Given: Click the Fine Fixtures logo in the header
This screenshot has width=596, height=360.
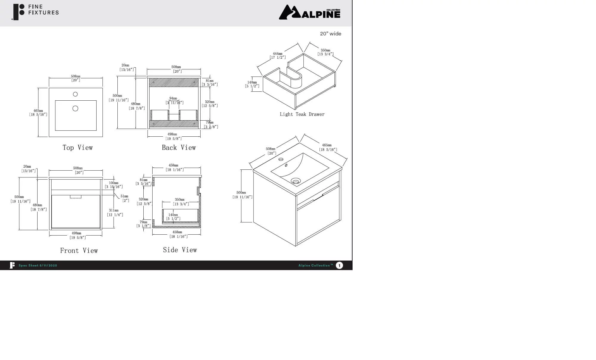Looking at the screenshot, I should (x=35, y=12).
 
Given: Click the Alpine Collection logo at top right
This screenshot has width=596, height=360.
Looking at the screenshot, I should (x=309, y=12).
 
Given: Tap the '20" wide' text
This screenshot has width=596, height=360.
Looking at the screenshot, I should (x=330, y=34).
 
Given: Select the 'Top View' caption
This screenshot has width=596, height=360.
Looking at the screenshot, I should (x=77, y=148).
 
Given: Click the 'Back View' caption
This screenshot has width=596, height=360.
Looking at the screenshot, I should (x=179, y=148).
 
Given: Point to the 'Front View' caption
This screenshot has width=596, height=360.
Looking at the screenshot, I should (x=79, y=251).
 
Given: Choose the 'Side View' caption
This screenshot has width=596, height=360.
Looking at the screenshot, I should (x=180, y=250).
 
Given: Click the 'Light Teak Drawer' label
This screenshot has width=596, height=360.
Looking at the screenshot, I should (x=302, y=114).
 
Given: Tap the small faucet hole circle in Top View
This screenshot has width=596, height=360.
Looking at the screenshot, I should (x=75, y=94).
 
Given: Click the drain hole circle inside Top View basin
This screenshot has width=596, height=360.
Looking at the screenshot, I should (x=75, y=108).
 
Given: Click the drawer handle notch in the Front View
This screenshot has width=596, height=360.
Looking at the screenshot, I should (x=76, y=197).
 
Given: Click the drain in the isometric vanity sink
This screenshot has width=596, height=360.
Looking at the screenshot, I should (x=296, y=181).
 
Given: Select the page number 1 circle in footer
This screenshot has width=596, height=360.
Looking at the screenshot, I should (x=339, y=265).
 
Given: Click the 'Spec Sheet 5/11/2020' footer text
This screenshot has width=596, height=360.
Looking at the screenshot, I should (x=38, y=265).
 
